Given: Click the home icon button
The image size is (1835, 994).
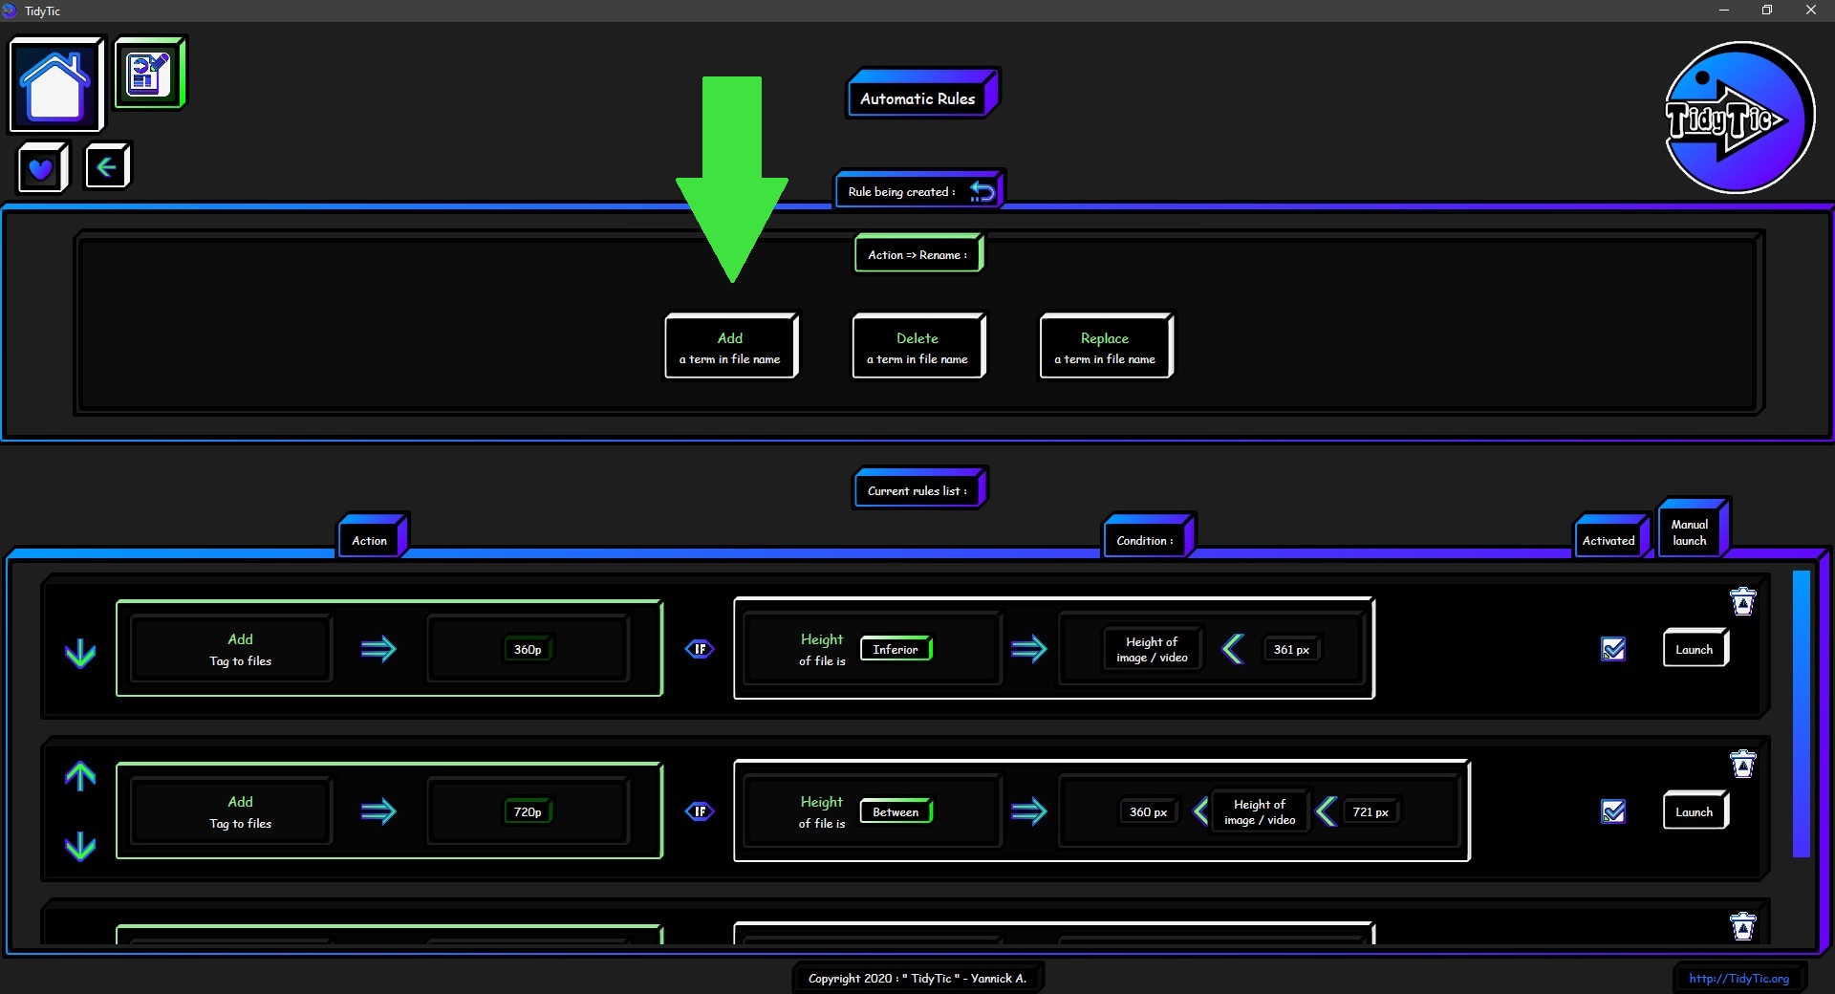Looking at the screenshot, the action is pyautogui.click(x=56, y=84).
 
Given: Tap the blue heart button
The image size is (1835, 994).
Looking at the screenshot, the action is pyautogui.click(x=43, y=168).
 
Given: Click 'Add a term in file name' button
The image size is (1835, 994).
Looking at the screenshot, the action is pyautogui.click(x=731, y=347).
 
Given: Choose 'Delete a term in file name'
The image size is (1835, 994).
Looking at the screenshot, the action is pyautogui.click(x=918, y=347).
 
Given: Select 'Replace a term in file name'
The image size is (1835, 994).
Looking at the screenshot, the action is pyautogui.click(x=1106, y=347).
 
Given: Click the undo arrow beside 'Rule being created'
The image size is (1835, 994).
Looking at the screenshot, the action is pyautogui.click(x=982, y=191).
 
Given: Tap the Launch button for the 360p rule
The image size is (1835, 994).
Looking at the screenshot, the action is pyautogui.click(x=1695, y=650).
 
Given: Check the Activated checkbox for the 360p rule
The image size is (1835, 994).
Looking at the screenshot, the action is pyautogui.click(x=1613, y=649).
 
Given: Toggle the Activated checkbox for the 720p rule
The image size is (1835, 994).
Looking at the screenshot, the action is pyautogui.click(x=1613, y=811).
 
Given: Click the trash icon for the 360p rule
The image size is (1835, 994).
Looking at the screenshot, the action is pyautogui.click(x=1743, y=601).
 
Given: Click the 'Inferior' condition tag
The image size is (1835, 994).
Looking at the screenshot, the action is pyautogui.click(x=896, y=649).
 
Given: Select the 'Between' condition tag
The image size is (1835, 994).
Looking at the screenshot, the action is pyautogui.click(x=896, y=811).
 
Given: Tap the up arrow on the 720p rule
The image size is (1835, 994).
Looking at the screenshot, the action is pyautogui.click(x=80, y=776).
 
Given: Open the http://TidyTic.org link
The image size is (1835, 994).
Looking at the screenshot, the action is pyautogui.click(x=1738, y=978).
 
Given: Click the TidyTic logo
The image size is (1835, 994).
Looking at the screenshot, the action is pyautogui.click(x=1738, y=118).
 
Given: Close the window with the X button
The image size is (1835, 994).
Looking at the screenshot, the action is pyautogui.click(x=1810, y=11).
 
